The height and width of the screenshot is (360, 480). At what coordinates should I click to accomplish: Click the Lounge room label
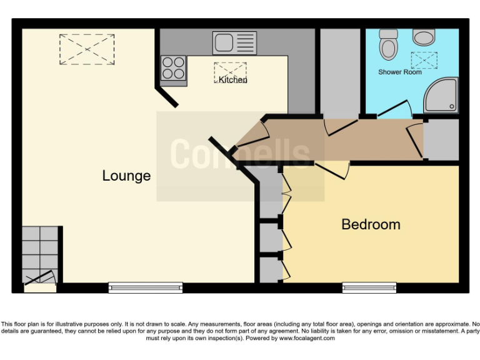[126, 176]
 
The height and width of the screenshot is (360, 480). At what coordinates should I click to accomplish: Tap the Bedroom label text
[371, 224]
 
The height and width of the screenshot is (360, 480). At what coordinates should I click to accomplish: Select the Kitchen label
[232, 80]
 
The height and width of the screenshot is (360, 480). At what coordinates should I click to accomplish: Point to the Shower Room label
[400, 72]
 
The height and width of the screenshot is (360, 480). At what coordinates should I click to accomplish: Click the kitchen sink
[234, 42]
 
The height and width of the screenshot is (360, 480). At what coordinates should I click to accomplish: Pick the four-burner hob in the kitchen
[174, 69]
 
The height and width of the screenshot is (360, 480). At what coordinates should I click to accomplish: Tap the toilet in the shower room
[389, 43]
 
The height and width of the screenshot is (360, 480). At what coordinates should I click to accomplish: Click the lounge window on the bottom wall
[146, 287]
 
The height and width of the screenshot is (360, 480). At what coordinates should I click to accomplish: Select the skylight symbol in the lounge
[87, 49]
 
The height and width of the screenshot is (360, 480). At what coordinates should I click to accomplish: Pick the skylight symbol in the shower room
[424, 60]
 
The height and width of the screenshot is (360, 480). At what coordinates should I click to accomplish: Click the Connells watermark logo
[241, 154]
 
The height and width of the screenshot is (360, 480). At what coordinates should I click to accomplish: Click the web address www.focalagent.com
[306, 338]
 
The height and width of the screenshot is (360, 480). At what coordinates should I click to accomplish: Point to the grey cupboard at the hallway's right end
[441, 138]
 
